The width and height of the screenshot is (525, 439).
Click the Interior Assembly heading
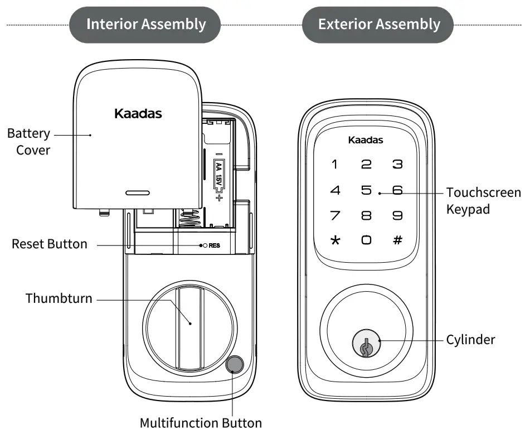[x=146, y=25]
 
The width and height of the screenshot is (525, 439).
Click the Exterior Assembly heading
[x=379, y=25]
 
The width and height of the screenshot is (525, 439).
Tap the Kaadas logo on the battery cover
[x=138, y=114]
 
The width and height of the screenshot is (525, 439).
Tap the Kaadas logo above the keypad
[x=366, y=140]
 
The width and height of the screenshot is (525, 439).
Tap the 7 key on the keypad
[x=335, y=215]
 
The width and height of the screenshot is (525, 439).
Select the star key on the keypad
[x=335, y=240]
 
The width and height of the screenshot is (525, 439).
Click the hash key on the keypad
[x=397, y=240]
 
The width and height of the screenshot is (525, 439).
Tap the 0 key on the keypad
[x=366, y=240]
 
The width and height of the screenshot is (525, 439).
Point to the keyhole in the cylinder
[x=366, y=346]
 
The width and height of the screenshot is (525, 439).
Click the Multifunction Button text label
[x=201, y=422]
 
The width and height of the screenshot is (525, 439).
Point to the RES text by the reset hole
[x=215, y=245]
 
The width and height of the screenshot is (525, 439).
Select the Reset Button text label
[x=50, y=244]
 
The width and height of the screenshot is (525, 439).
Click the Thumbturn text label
[x=59, y=298]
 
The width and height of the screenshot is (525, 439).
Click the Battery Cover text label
[x=29, y=142]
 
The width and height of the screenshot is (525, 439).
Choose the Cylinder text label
[x=470, y=339]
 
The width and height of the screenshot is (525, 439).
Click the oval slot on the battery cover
[x=137, y=192]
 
